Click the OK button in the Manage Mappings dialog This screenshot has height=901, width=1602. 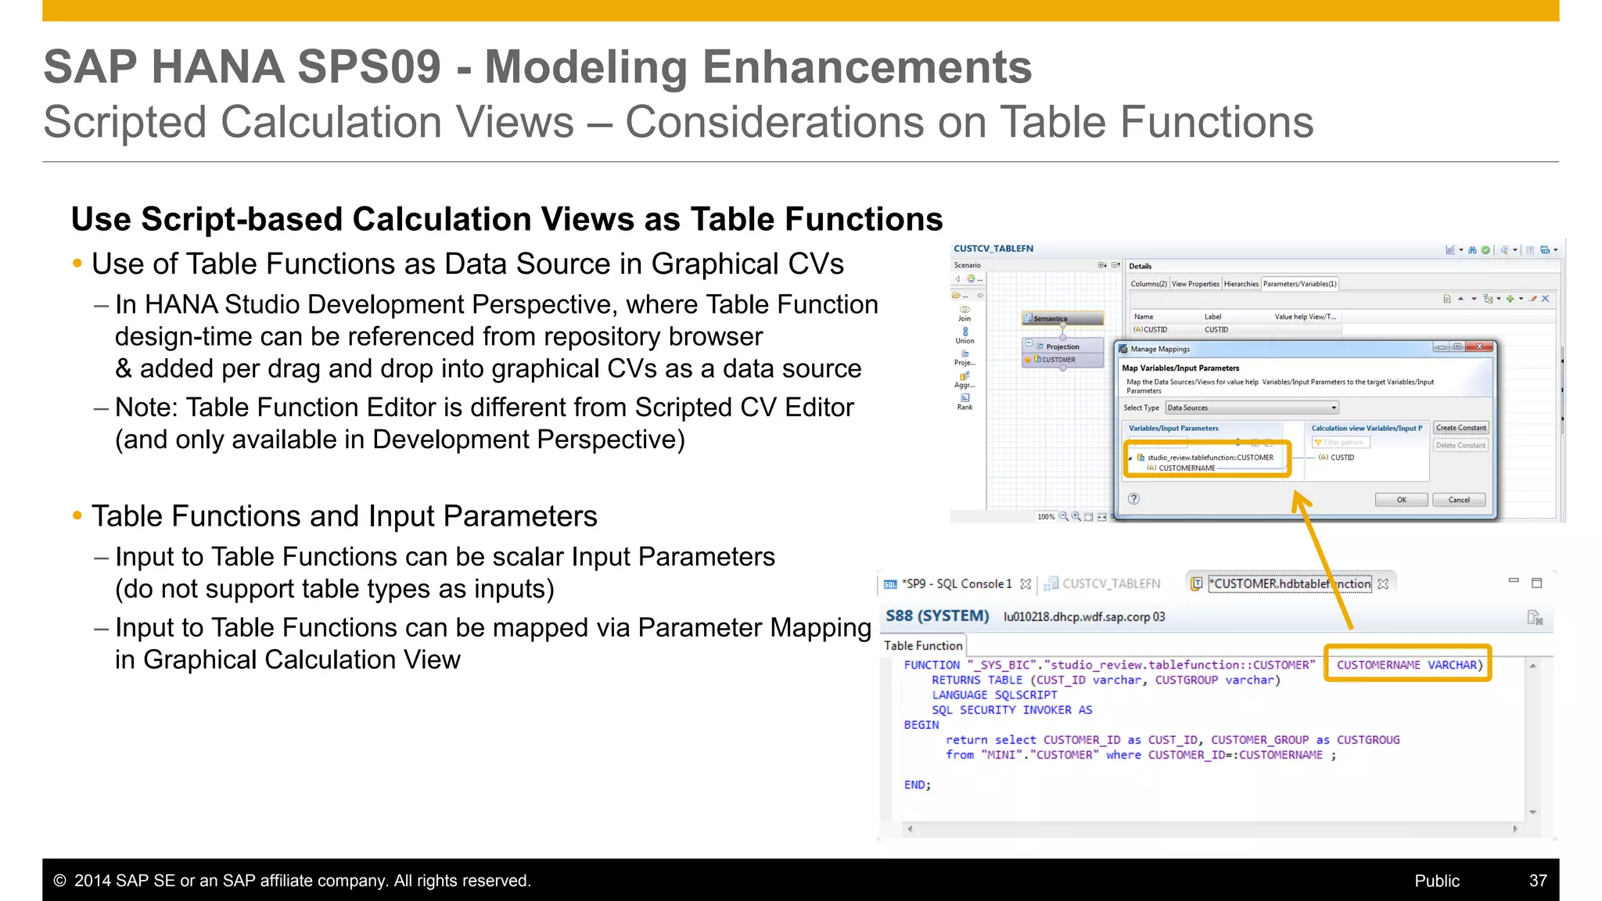(1401, 500)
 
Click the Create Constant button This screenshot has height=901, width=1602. (1460, 428)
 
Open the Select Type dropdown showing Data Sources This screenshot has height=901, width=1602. (1252, 407)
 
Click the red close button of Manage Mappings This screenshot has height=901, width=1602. (1479, 346)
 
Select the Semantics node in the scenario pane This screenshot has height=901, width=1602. (1062, 318)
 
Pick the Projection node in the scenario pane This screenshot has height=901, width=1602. (1062, 346)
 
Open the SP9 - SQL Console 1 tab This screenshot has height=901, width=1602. (956, 584)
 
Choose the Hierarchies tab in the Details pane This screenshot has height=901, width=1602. (1241, 284)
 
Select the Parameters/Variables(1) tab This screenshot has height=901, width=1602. (1299, 284)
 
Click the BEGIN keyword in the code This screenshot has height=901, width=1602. (921, 725)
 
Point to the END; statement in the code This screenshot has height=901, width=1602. (917, 785)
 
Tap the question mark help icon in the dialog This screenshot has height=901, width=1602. (1133, 499)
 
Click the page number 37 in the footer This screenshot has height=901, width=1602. (1538, 881)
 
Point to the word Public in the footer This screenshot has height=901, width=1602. (1436, 881)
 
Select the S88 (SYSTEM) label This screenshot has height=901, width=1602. (937, 616)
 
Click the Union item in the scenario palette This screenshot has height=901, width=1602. (964, 336)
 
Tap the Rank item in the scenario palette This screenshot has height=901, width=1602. (964, 402)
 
